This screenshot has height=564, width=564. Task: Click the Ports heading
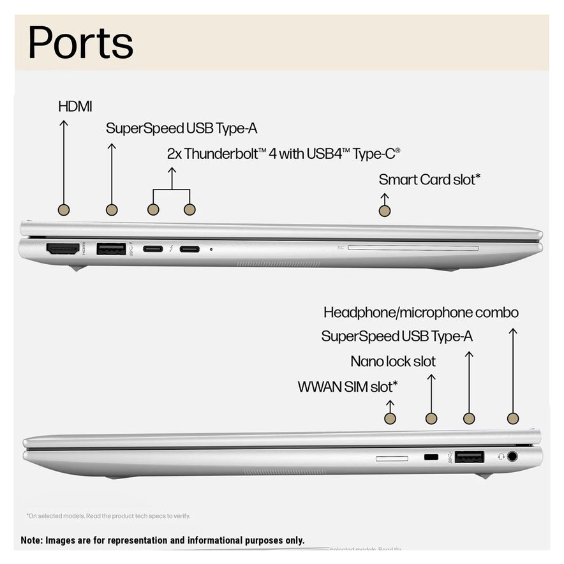80,43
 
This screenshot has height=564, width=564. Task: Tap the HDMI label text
75,107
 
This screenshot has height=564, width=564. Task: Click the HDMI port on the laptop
63,249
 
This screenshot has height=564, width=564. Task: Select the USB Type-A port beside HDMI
111,249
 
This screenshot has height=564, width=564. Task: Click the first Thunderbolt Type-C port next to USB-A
152,249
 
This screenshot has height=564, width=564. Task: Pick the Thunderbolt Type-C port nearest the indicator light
189,249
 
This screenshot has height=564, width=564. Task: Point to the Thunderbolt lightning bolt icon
171,249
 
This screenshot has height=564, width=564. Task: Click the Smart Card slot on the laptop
413,248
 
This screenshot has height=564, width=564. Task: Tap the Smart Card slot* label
429,180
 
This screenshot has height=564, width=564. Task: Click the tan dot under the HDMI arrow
63,209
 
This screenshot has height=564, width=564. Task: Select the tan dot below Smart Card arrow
384,211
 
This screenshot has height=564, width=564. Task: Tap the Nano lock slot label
393,362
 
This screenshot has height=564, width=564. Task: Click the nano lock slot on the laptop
431,457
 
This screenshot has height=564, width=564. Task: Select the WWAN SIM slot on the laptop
392,458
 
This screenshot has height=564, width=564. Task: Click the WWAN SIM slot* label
348,387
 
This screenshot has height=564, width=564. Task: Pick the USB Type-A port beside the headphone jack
469,457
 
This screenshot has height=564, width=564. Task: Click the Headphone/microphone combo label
420,313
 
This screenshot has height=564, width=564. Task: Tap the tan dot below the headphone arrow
512,419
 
